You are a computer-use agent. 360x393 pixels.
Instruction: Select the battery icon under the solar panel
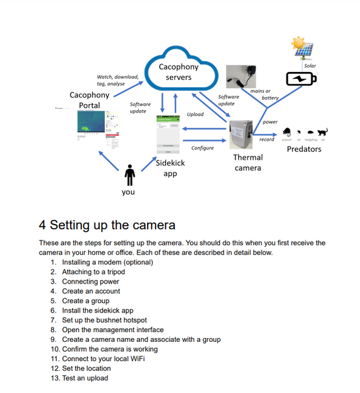pyautogui.click(x=301, y=79)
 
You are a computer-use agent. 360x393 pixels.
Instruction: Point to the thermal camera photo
pyautogui.click(x=245, y=135)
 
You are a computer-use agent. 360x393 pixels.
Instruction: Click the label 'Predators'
pyautogui.click(x=304, y=149)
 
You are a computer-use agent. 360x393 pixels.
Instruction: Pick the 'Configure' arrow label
pyautogui.click(x=203, y=148)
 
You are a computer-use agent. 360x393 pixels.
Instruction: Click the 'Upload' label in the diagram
pyautogui.click(x=195, y=114)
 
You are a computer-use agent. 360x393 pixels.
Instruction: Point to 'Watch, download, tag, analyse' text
pyautogui.click(x=117, y=80)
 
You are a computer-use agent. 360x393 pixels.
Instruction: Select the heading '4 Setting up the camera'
pyautogui.click(x=107, y=225)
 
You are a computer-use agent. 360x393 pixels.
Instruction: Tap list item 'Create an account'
pyautogui.click(x=91, y=291)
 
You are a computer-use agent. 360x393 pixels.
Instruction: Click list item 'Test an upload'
pyautogui.click(x=85, y=378)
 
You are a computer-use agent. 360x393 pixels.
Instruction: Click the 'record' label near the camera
pyautogui.click(x=267, y=140)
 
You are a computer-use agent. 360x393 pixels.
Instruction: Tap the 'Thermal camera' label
pyautogui.click(x=248, y=162)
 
